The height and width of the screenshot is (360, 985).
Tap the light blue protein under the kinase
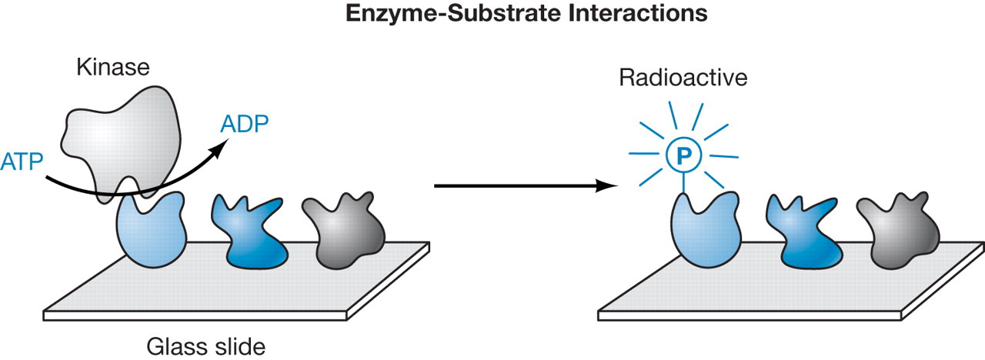[x=152, y=230]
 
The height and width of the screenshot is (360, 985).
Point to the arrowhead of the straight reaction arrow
[x=612, y=185]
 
